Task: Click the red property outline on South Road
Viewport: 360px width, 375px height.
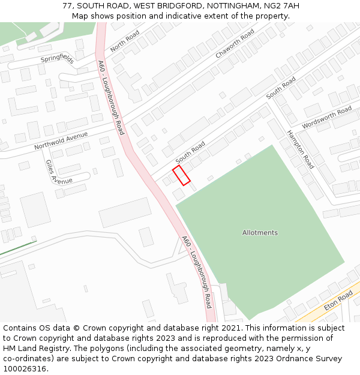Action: point(181,175)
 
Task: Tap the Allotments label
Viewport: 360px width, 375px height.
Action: point(260,233)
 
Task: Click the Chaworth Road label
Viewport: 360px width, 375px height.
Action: point(235,44)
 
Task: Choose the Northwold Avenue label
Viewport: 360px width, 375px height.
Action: point(61,140)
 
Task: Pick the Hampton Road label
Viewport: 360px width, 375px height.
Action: point(300,149)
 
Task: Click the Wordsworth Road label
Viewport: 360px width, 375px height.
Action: point(326,118)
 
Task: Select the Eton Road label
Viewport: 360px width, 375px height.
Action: point(338,302)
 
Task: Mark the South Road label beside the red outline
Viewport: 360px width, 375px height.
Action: point(190,152)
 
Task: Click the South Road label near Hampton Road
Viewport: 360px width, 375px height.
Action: point(281,88)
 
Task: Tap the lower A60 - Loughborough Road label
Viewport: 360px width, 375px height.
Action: point(197,271)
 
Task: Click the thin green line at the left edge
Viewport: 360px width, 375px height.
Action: point(18,247)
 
